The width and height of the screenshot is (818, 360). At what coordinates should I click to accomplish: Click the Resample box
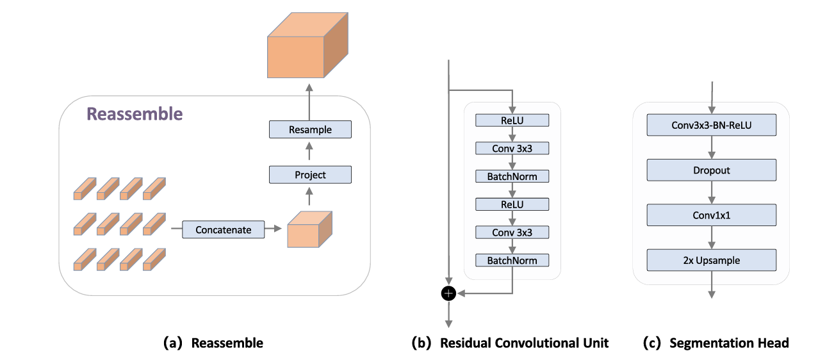(311, 129)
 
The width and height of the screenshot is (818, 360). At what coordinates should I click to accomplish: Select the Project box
(311, 174)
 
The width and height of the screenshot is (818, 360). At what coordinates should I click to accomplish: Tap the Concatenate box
(223, 229)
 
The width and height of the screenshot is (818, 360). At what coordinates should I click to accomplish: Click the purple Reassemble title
(135, 114)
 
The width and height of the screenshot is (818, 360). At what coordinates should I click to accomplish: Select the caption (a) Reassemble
(213, 343)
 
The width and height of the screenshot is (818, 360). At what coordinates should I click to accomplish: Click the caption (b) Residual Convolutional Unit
(509, 343)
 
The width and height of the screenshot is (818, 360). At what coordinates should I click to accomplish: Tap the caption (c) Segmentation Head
(716, 343)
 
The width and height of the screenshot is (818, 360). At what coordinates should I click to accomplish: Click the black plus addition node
(448, 293)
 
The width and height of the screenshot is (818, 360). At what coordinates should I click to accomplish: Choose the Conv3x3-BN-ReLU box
(711, 126)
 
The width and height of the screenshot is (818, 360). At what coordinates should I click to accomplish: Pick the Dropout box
(711, 170)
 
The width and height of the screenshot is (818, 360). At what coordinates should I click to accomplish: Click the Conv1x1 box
(711, 215)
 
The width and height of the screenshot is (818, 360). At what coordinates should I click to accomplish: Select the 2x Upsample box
(711, 260)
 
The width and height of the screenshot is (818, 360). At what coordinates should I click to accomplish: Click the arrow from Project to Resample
(311, 152)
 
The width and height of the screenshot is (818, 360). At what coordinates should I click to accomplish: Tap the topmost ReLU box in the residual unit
(512, 120)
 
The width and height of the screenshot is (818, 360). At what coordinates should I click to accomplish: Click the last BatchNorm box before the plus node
(512, 260)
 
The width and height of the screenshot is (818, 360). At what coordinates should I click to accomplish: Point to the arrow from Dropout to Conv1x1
(711, 193)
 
